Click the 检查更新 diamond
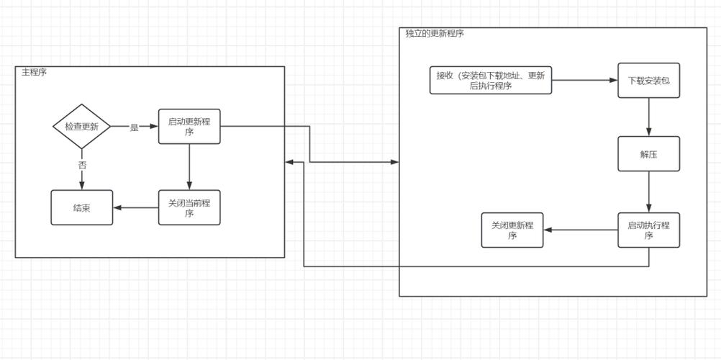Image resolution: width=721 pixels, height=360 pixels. [x=81, y=126]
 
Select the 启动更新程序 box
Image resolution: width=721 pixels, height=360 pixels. [x=189, y=126]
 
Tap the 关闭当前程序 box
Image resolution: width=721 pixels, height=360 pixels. [x=189, y=207]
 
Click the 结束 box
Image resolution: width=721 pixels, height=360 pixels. [x=81, y=207]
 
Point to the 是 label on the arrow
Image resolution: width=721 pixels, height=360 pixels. [x=134, y=127]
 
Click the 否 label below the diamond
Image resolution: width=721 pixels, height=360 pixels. [x=82, y=165]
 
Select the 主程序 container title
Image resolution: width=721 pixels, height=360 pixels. [x=34, y=72]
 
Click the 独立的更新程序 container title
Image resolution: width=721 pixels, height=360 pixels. [x=435, y=33]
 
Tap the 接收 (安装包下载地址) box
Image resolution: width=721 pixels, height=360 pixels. [x=491, y=80]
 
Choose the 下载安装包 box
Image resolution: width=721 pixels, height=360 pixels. [x=648, y=80]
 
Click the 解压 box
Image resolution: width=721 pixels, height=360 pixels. [x=648, y=153]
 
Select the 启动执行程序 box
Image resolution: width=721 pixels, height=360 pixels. [x=648, y=230]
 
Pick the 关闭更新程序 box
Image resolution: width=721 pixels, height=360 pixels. [x=512, y=230]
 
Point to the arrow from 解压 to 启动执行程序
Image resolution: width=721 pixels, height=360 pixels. [x=648, y=192]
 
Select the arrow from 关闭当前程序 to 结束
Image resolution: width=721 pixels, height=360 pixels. [x=135, y=207]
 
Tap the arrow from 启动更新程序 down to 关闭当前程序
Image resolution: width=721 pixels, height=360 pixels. [x=189, y=166]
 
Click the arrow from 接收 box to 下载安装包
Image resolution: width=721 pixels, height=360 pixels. [x=584, y=80]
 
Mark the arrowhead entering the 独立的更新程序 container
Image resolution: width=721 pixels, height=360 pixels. [x=395, y=162]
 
